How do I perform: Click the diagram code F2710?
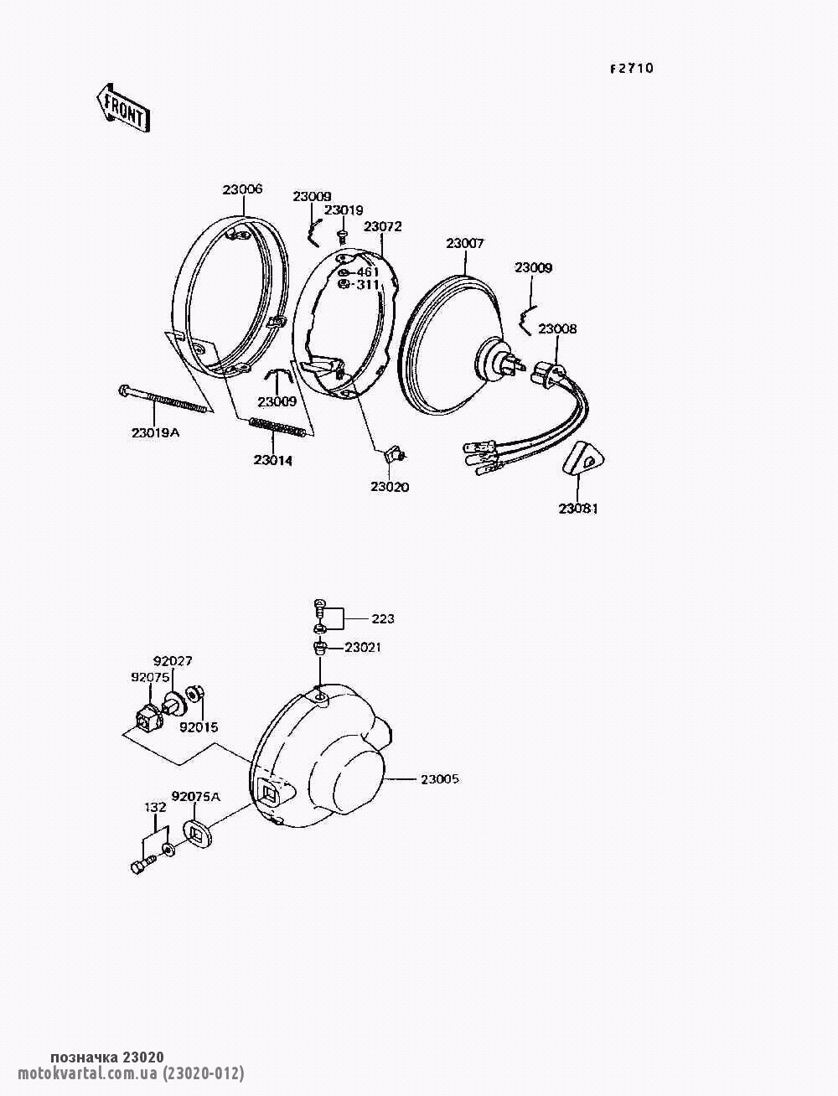click(631, 69)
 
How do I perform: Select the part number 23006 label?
click(242, 189)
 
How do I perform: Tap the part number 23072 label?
click(382, 227)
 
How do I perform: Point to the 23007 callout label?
click(465, 244)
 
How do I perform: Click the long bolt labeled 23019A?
click(163, 400)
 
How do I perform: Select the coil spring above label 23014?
click(276, 428)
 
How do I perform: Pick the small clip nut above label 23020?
click(395, 455)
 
